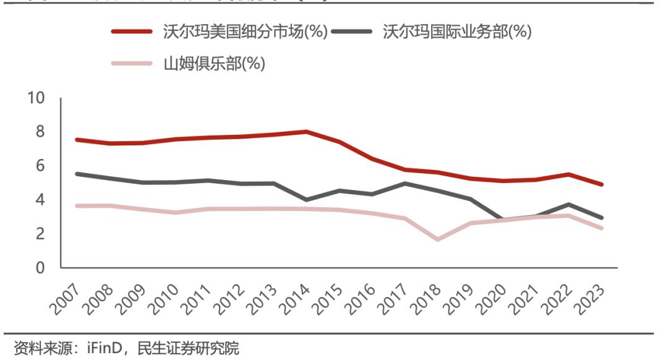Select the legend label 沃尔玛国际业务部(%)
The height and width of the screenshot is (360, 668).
coord(457,32)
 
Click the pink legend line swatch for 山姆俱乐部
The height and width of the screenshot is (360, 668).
coord(131,64)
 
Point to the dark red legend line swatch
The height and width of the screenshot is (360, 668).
coord(131,32)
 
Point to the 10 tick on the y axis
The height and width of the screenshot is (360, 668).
coord(36,98)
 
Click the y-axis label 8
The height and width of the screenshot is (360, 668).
coord(41,132)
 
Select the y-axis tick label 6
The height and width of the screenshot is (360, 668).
coord(41,166)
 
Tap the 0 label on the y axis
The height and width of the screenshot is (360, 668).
coord(41,268)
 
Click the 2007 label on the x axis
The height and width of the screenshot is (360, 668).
coord(64,296)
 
